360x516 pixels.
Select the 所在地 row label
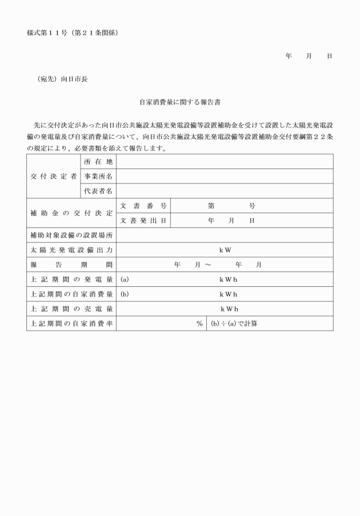pos(98,161)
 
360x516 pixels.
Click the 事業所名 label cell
pos(98,176)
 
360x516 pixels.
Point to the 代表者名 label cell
pos(98,191)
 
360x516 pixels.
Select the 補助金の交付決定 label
pos(71,213)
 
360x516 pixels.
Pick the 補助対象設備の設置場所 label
pos(71,235)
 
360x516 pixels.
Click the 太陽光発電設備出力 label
pos(71,250)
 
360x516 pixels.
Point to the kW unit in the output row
pos(225,250)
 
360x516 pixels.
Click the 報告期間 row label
pos(71,265)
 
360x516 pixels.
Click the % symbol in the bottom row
pos(199,324)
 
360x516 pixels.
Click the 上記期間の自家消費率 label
pos(71,324)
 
